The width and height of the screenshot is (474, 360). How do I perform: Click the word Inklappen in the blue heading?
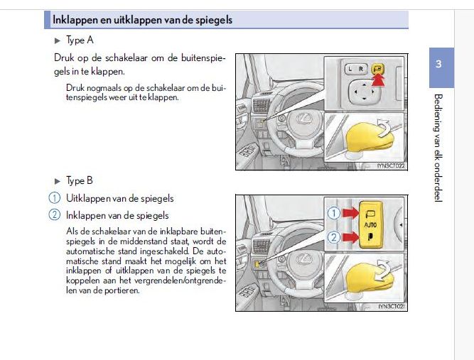(74, 20)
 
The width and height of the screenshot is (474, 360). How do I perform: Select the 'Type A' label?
(75, 41)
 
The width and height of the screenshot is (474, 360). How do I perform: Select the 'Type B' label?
(75, 181)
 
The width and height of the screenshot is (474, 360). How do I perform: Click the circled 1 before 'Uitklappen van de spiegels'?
(54, 198)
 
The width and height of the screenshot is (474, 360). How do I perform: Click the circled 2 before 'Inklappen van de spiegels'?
(54, 214)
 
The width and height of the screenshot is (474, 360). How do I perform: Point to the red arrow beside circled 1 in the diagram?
(348, 212)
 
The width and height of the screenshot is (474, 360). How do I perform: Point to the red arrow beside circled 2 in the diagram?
(348, 236)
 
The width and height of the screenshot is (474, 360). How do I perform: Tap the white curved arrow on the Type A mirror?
(384, 127)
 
